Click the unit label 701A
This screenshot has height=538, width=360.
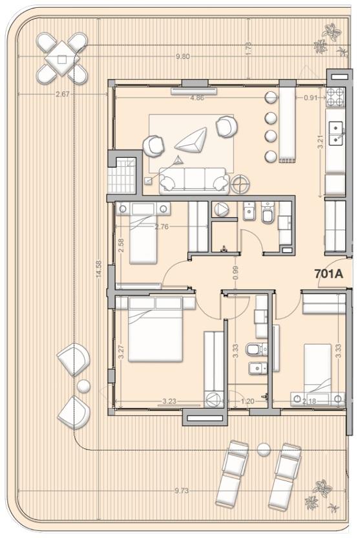pos(329,274)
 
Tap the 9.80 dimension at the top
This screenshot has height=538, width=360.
pos(182,57)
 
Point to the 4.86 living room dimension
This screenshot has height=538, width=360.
pos(196,98)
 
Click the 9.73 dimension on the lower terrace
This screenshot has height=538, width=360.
pos(181,491)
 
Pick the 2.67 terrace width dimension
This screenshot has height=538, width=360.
pos(63,94)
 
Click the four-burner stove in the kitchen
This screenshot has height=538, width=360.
pos(335,97)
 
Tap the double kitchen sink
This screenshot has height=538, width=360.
pos(335,134)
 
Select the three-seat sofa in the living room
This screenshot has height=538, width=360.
pos(195,180)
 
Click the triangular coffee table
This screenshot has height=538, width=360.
pos(191,140)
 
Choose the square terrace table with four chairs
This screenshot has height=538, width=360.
pos(61,59)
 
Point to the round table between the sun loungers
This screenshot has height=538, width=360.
pos(264,449)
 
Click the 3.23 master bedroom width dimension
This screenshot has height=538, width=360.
pos(169,401)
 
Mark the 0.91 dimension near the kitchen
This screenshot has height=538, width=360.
pos(311,98)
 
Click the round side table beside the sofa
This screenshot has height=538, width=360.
pos(240,184)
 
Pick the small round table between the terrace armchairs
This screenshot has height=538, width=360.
pos(83,386)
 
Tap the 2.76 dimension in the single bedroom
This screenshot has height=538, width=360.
pos(162,227)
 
